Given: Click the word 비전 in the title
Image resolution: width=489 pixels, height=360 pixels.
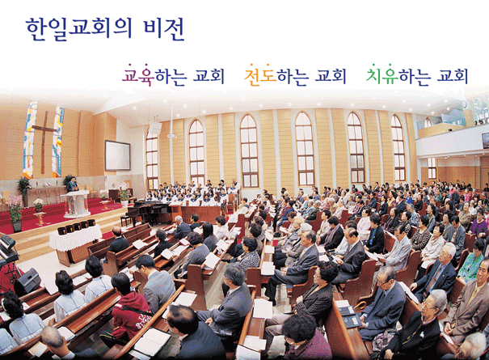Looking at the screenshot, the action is pos(164,29).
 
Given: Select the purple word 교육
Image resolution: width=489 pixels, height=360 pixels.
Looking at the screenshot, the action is pos(138,75).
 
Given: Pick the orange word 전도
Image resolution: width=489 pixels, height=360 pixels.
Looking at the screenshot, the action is pos(260,75).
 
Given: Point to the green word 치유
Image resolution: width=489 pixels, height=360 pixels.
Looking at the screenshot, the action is pos(382,75).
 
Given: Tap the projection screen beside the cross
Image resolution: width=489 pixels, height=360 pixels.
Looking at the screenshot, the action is pos(117,155).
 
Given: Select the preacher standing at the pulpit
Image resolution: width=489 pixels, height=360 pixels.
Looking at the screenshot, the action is pos(73,184).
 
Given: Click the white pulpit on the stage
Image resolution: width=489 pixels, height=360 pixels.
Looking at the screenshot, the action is pos(76,204).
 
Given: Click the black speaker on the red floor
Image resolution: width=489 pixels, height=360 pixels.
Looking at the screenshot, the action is pos(27,282).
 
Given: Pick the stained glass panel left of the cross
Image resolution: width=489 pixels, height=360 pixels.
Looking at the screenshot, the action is pos(30,139).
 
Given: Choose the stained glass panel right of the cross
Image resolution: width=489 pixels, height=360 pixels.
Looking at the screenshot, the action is pos(58,142).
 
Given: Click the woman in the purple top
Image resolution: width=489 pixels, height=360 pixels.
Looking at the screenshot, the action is pos(479,221).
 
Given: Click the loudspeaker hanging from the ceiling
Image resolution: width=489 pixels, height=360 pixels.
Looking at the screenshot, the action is pos(155,128).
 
